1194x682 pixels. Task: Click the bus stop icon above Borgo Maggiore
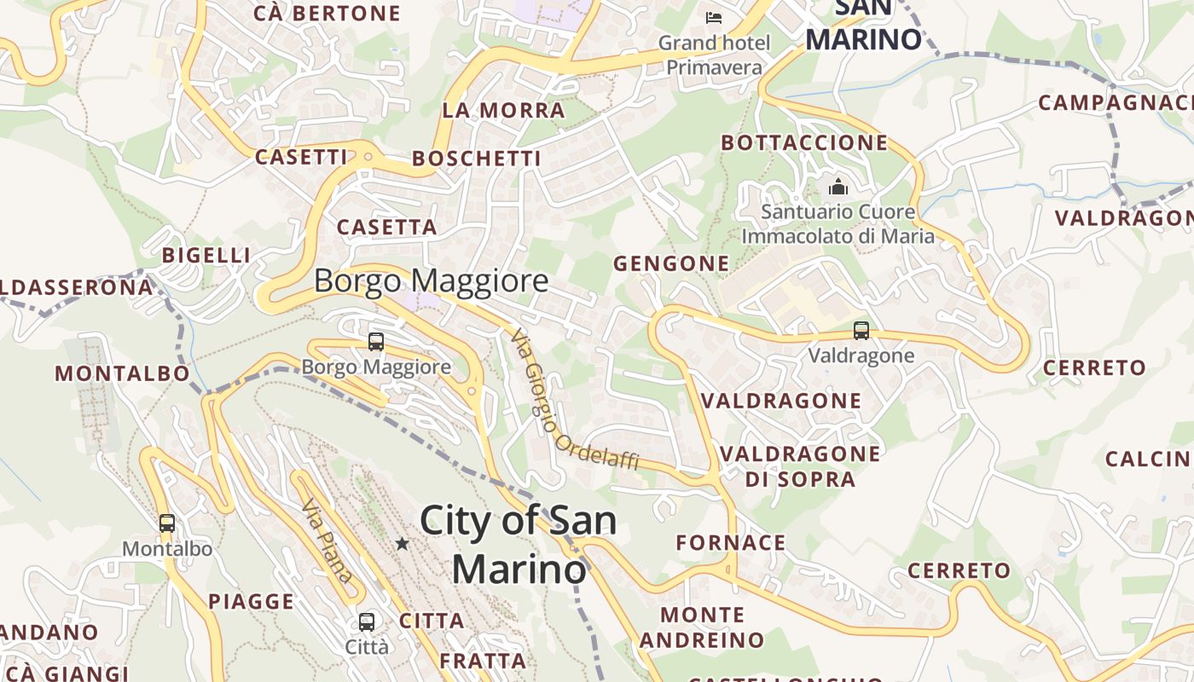376,342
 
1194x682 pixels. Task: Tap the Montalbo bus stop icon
167,523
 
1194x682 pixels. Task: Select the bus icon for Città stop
367,621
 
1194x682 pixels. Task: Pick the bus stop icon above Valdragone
861,331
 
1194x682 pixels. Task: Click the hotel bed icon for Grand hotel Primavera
714,16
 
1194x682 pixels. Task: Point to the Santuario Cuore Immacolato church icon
838,186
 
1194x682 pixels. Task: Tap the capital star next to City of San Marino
402,543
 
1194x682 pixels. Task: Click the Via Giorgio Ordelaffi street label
573,402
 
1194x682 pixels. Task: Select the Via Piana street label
327,540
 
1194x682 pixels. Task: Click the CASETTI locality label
302,157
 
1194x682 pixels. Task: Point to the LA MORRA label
503,110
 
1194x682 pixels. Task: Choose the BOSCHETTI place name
477,159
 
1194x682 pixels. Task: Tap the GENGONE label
671,264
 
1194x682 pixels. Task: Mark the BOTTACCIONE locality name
805,142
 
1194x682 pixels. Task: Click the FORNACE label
731,543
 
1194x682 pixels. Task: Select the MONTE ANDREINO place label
703,627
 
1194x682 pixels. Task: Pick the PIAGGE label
252,602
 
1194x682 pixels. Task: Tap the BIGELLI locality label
206,255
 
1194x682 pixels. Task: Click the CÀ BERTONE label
327,13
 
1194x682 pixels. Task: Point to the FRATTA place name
483,661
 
